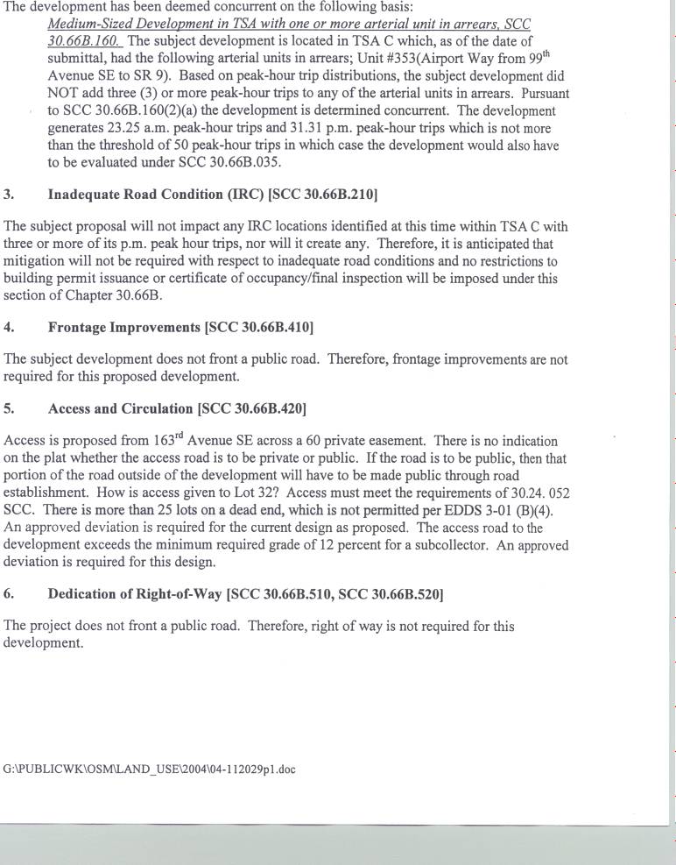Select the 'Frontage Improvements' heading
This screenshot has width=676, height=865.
click(x=124, y=327)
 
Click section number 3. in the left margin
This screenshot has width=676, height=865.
click(x=9, y=194)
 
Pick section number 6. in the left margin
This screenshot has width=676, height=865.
click(x=9, y=593)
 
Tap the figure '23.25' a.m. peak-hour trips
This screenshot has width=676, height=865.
click(x=129, y=128)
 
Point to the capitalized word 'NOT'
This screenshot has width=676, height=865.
click(x=63, y=94)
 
